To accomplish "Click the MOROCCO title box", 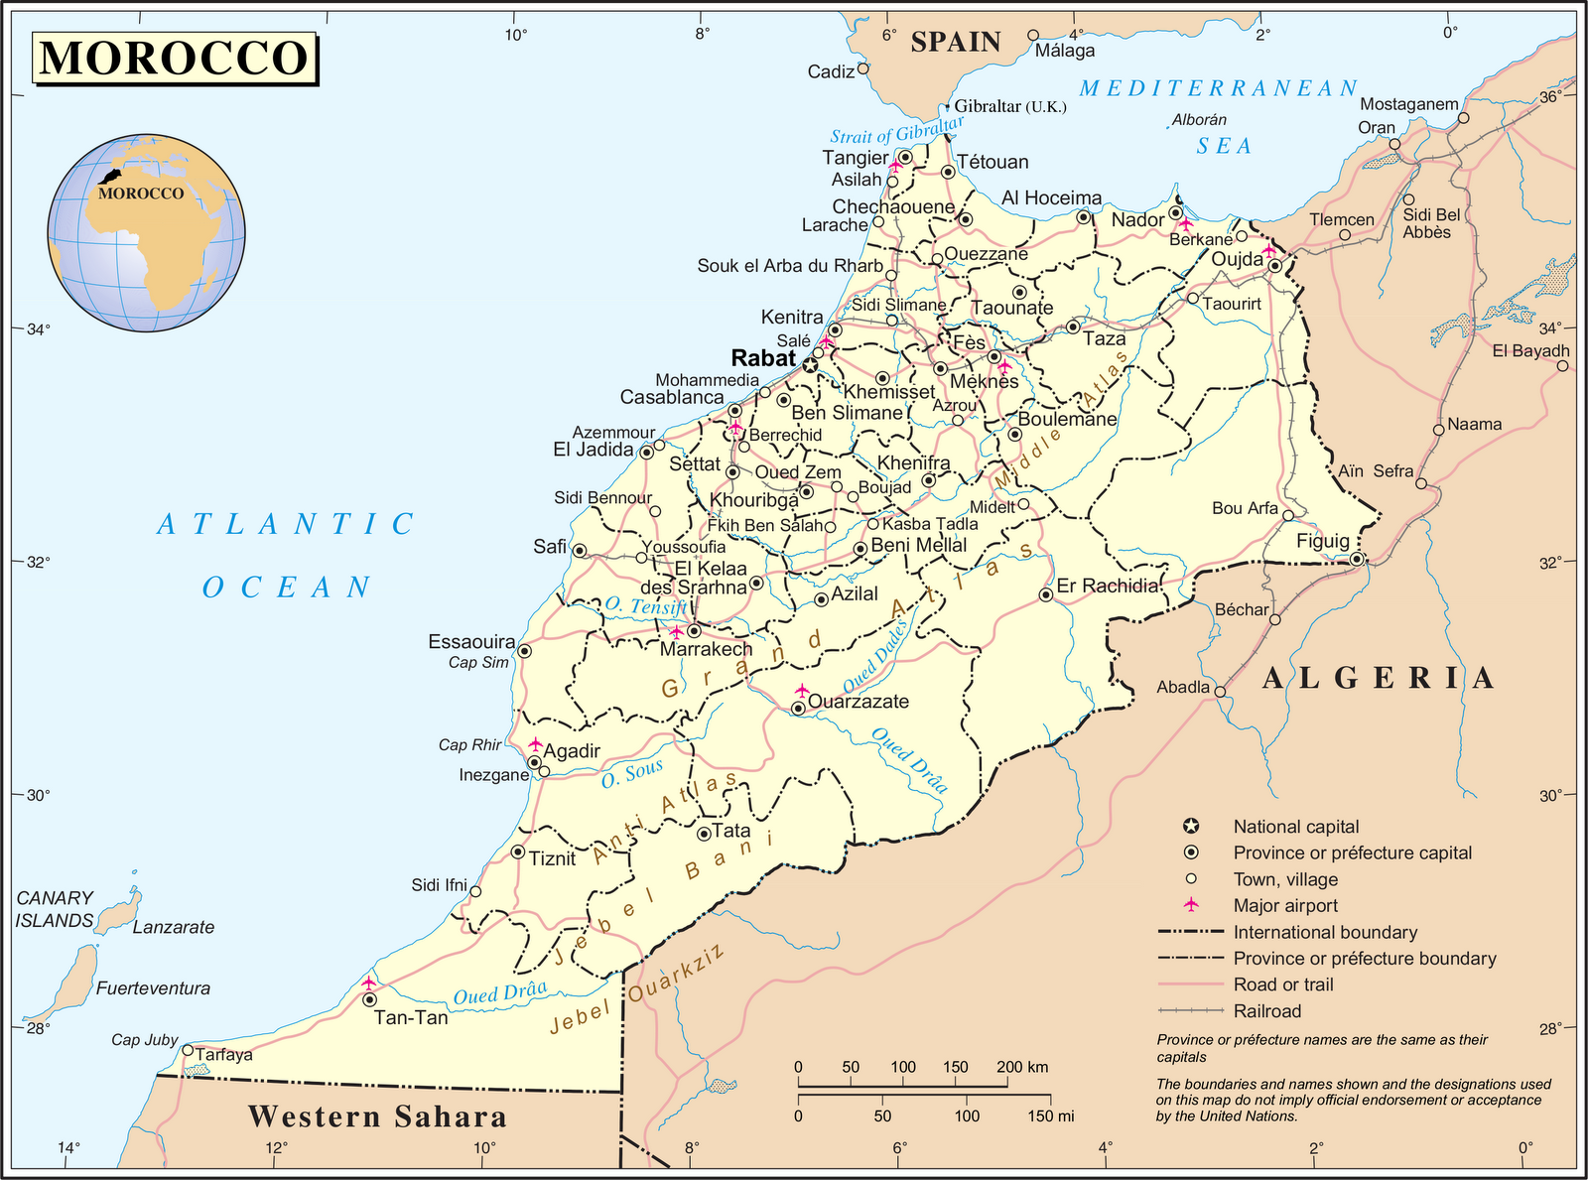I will tap(176, 58).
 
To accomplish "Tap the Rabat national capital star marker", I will tap(810, 365).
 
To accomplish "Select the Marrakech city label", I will tap(707, 649).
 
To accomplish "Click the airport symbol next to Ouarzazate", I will tap(802, 690).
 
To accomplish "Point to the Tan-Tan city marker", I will tap(369, 999).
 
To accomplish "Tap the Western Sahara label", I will tap(377, 1116).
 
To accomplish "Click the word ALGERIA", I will tap(1379, 678).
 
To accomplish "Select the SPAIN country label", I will tap(955, 42).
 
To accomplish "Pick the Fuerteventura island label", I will tap(153, 988).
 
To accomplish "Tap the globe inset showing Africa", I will tap(146, 231).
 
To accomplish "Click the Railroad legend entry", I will tap(1266, 1011).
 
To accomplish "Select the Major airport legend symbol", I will tap(1191, 905).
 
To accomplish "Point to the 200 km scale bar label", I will tap(1022, 1067).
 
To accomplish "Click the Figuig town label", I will tap(1323, 541).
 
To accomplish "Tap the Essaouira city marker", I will tap(524, 651).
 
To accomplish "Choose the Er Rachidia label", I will tap(1107, 586).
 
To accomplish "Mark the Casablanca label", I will tap(672, 397).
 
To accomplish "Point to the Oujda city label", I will tap(1237, 259).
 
